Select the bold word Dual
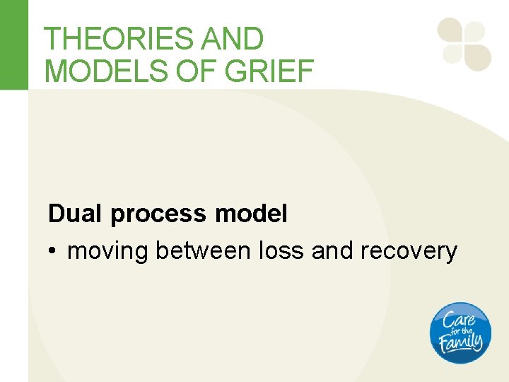(75, 214)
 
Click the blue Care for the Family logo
(460, 332)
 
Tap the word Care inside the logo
(459, 318)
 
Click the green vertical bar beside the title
(14, 44)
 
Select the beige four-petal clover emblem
(464, 44)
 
